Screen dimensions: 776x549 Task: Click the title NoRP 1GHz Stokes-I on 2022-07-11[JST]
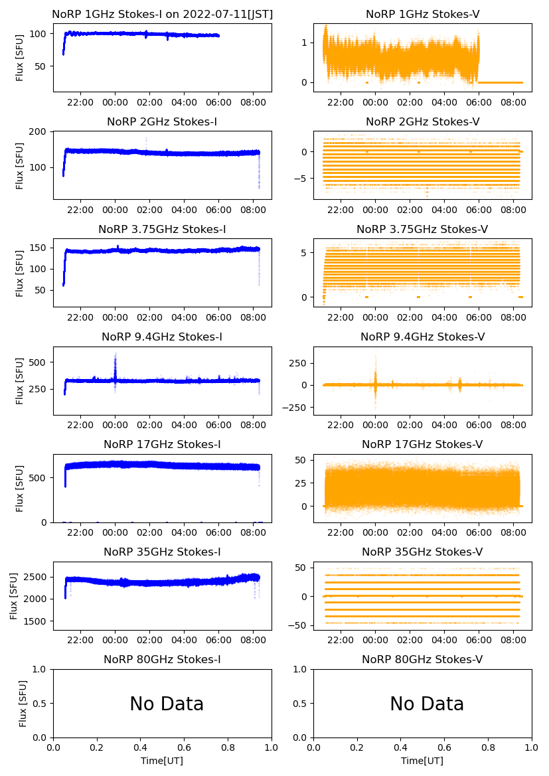point(162,14)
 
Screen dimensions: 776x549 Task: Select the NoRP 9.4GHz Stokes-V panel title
point(422,337)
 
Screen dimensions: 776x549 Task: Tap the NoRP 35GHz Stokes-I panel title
point(162,552)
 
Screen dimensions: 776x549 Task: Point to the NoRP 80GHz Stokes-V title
point(422,660)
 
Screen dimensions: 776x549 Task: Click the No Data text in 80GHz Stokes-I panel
point(167,704)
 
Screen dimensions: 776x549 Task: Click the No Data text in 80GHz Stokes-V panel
point(427,704)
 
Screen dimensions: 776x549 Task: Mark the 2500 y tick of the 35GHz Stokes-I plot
point(37,577)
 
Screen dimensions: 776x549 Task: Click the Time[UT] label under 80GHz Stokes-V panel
point(422,761)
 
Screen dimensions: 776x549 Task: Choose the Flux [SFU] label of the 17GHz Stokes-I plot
point(20,489)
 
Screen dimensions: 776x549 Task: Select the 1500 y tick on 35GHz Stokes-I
point(37,621)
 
